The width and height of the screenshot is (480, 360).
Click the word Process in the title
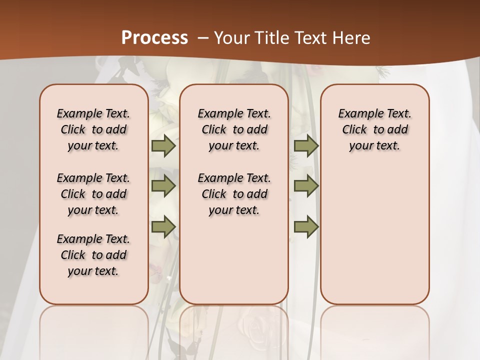[154, 37]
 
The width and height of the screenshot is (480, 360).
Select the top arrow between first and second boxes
[163, 145]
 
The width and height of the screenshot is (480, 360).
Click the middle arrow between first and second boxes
[163, 186]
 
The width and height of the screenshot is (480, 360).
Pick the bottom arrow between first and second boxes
[163, 227]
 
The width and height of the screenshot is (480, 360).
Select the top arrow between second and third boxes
[306, 145]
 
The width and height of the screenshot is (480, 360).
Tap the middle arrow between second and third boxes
[306, 186]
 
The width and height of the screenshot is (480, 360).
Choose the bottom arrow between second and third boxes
[306, 227]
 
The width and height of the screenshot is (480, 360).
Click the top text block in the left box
[93, 129]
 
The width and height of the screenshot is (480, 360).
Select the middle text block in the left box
[93, 194]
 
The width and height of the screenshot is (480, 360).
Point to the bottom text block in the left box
[93, 255]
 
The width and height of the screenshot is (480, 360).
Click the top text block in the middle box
[234, 129]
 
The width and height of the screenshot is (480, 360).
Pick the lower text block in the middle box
[234, 194]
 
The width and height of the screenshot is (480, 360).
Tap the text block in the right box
[374, 129]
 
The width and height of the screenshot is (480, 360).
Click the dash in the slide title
[203, 38]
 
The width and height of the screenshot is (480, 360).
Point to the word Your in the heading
[231, 38]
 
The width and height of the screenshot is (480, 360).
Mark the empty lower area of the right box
[374, 235]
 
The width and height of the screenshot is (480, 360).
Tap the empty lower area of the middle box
[234, 260]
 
